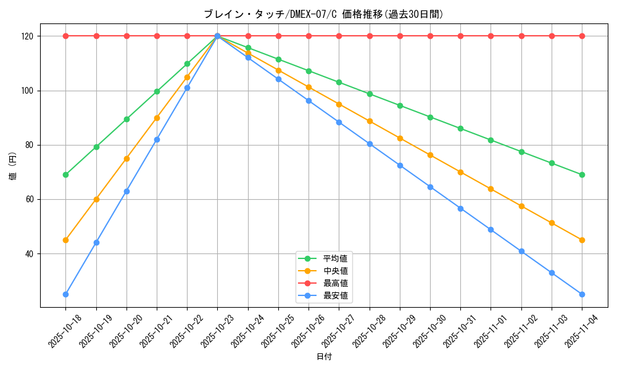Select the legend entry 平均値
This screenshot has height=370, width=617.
pos(335,258)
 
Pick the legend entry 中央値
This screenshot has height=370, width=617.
pos(335,271)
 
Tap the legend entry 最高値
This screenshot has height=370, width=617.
pos(335,283)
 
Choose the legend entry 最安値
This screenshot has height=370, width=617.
pos(335,296)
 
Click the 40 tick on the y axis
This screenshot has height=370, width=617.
pos(30,254)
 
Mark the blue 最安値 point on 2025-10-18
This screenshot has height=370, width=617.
pos(65,294)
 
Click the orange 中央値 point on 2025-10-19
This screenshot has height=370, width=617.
pos(96,199)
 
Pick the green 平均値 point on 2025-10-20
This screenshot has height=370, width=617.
pos(126,119)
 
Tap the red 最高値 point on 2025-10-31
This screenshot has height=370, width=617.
pos(460,36)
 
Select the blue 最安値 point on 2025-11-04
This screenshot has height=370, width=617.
pos(582,294)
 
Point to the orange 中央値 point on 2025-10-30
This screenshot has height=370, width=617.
pos(430,155)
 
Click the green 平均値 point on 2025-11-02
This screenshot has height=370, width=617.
pos(521,152)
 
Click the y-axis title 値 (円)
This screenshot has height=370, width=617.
pos(13,166)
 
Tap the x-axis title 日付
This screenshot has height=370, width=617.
pos(324,357)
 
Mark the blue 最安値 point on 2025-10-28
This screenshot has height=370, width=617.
pos(370,144)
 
